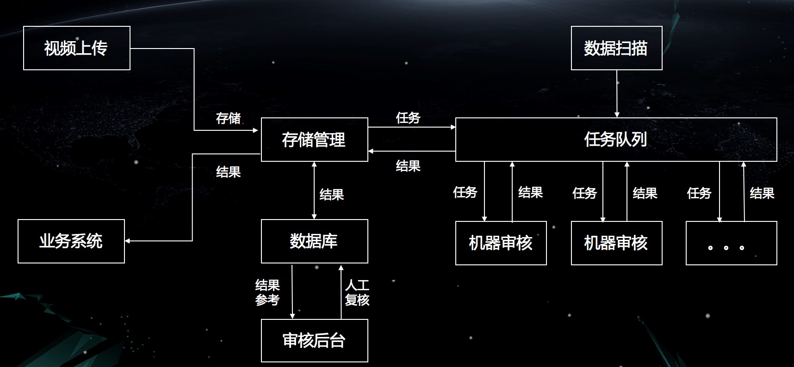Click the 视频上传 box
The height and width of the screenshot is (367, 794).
[x=77, y=48]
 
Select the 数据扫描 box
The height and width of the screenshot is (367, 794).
[x=616, y=48]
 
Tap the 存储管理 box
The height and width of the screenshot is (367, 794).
[x=314, y=140]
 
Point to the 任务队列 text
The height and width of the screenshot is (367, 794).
[x=615, y=139]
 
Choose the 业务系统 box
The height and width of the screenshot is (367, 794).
[x=71, y=241]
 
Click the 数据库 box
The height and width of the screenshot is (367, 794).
[x=314, y=241]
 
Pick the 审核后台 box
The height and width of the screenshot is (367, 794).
[x=314, y=341]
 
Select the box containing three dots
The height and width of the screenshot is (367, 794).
[x=731, y=243]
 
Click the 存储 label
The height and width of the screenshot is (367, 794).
[x=228, y=118]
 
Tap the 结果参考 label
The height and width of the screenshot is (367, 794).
[x=267, y=293]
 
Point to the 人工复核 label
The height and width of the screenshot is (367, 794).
[x=357, y=293]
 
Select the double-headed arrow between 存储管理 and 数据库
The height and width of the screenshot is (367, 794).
[x=314, y=190]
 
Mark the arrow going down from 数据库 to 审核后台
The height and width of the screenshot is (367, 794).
[x=292, y=291]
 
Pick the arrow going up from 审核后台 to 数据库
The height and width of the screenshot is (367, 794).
[x=341, y=291]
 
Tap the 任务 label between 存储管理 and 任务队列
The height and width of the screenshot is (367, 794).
[x=408, y=118]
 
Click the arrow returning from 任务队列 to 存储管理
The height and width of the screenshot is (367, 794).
[x=412, y=151]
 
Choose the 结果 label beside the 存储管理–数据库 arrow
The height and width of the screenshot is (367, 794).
[x=332, y=195]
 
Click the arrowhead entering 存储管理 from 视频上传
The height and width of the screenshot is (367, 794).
[x=255, y=130]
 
